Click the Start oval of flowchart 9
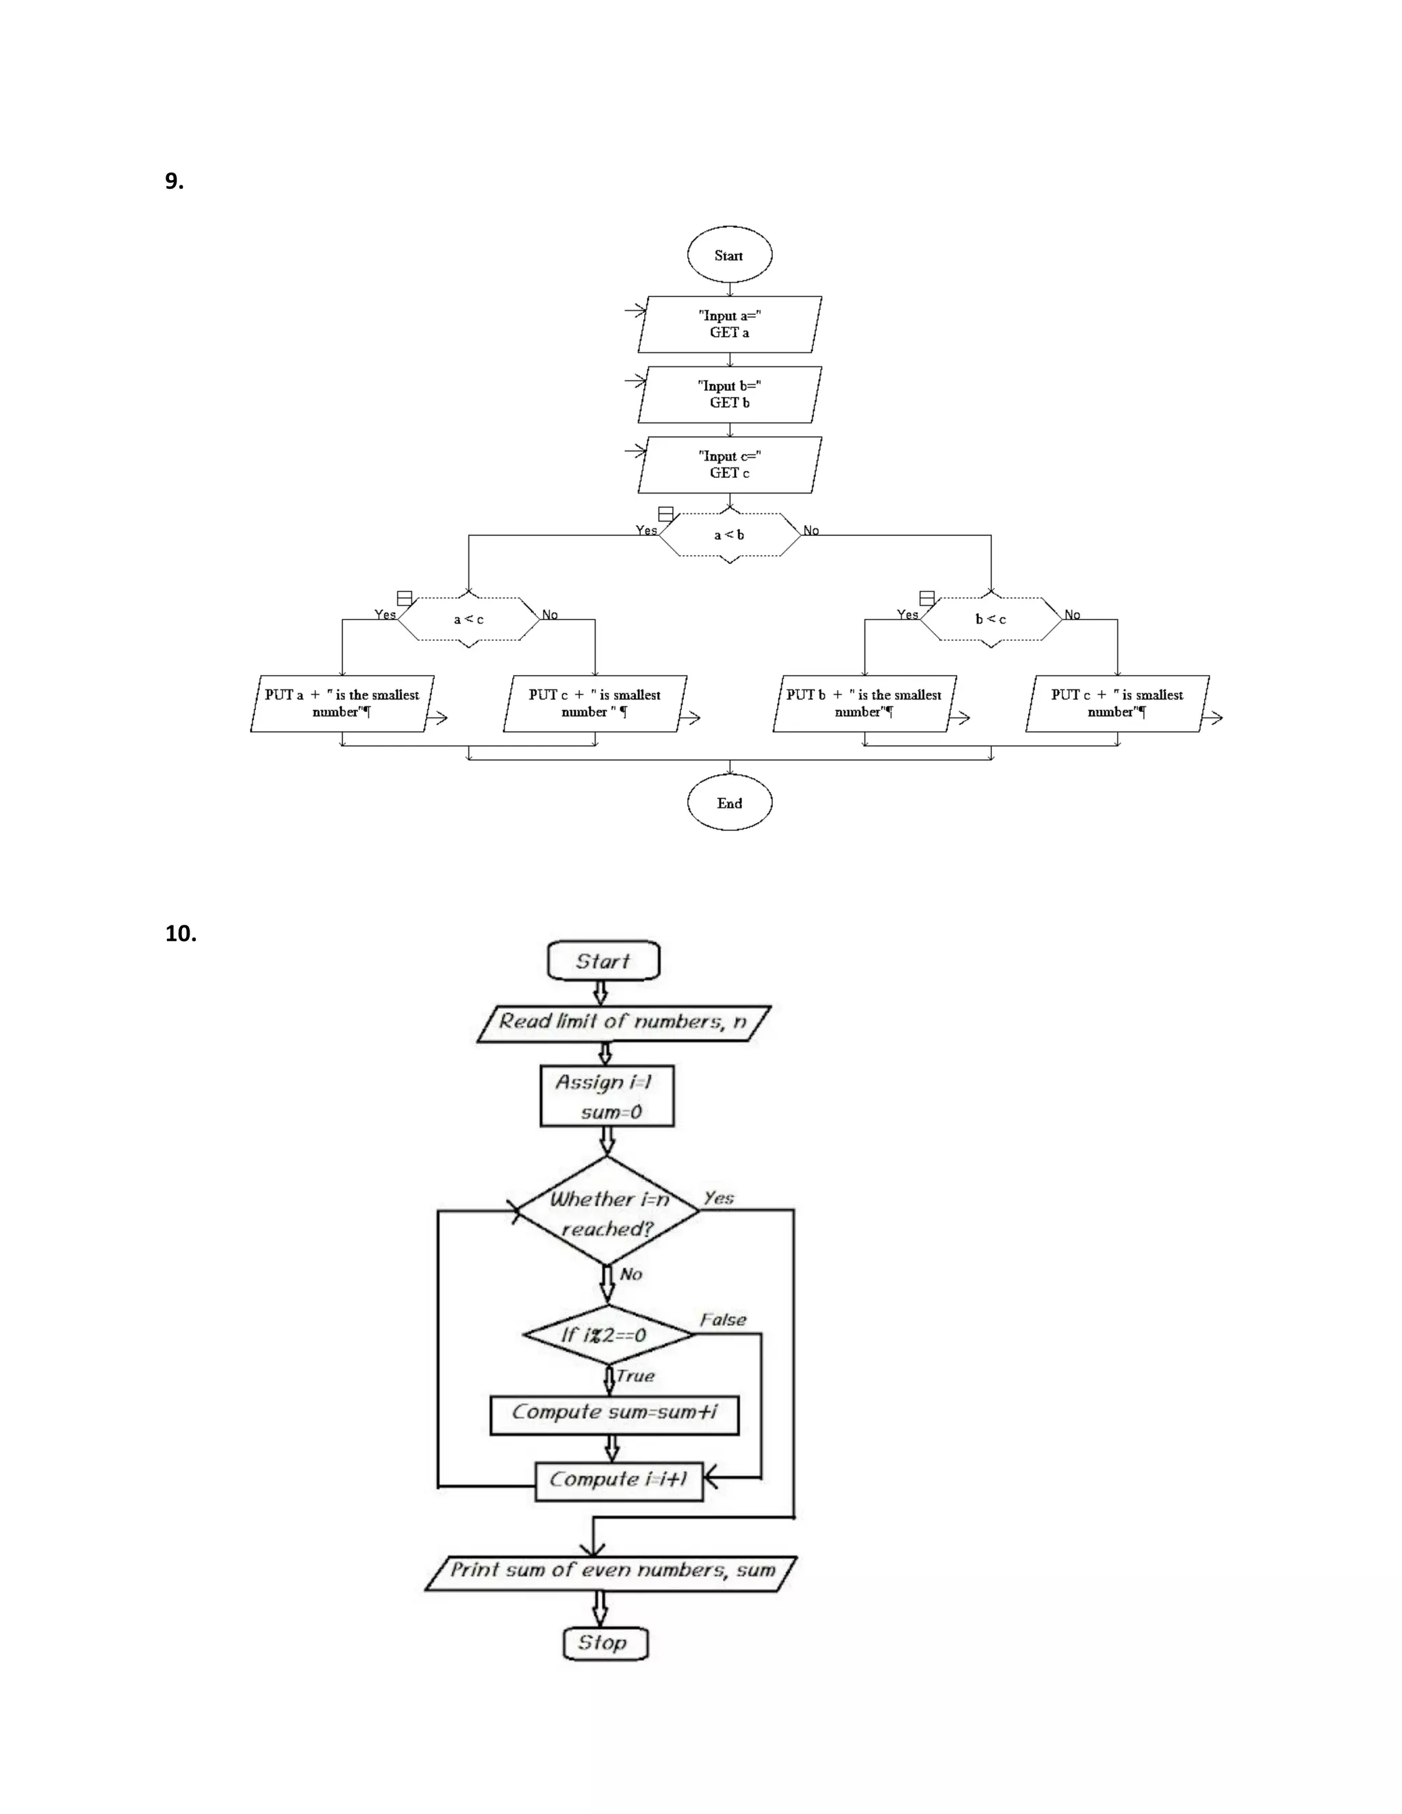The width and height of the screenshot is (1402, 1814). [729, 255]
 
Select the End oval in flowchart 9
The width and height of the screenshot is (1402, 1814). [729, 802]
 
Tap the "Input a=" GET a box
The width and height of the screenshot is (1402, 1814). [729, 324]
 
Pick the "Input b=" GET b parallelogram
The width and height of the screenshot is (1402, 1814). [729, 394]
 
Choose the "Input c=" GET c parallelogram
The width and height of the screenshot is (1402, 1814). [729, 464]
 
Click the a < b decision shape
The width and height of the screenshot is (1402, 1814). [729, 535]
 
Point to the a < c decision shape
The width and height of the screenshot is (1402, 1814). [468, 619]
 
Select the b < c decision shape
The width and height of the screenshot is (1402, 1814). [991, 619]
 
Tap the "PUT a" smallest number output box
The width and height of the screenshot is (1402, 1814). [342, 704]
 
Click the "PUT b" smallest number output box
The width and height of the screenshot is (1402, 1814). [864, 704]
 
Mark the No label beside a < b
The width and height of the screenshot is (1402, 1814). [811, 531]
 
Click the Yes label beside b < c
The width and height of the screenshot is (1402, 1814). [907, 615]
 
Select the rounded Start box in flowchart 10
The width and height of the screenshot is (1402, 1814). [603, 961]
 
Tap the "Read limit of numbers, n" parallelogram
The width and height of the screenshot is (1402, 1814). [623, 1023]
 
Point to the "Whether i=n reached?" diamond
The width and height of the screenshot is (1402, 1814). [608, 1213]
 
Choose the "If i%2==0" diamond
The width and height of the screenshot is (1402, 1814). [607, 1335]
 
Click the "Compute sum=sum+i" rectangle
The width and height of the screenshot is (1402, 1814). [614, 1413]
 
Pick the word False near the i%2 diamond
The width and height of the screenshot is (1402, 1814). [723, 1320]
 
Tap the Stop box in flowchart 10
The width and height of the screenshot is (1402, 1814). [604, 1643]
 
